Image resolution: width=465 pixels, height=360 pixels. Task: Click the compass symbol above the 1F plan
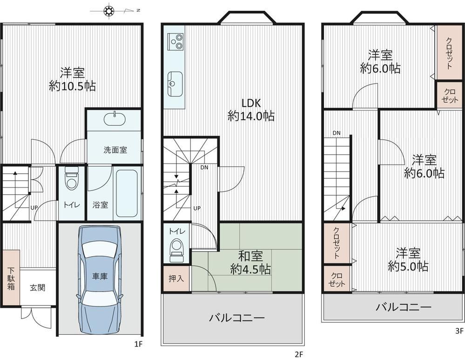pos(108,11)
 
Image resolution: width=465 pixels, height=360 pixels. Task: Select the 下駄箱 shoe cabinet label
pos(11,278)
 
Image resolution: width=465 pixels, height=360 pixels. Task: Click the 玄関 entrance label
pos(37,287)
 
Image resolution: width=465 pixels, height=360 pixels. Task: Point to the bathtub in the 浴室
pos(127,193)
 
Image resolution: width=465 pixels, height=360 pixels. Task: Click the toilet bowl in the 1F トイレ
pos(72,180)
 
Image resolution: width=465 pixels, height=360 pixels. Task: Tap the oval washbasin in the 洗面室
pos(115,119)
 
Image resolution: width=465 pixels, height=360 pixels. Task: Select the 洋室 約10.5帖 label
pos(72,79)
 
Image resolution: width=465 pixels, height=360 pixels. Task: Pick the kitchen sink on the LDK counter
pos(175,84)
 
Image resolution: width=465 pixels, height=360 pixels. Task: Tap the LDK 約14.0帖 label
pos(251,109)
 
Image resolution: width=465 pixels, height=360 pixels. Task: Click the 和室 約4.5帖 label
pos(250,263)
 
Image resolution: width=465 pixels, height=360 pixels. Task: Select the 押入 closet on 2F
pos(176,278)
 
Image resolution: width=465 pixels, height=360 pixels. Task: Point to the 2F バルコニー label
pos(236,318)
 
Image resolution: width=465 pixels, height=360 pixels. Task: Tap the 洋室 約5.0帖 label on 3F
pos(408,260)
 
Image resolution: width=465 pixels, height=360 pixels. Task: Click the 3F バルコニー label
pos(403,307)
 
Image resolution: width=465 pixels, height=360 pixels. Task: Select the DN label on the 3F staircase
pos(336,133)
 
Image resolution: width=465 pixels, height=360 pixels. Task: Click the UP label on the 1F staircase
pos(34,208)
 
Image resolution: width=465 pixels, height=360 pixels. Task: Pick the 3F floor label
pos(459,331)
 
